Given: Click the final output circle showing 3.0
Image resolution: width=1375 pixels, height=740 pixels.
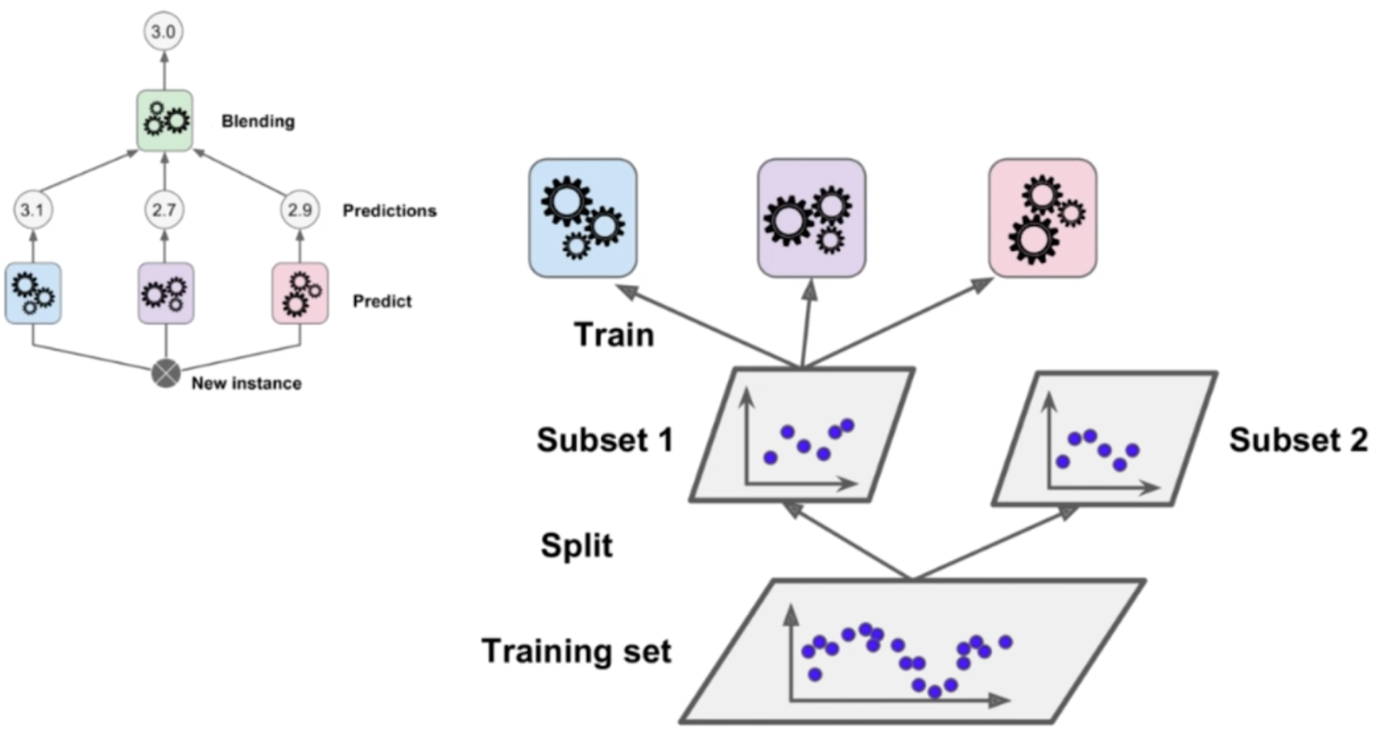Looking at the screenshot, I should tap(163, 32).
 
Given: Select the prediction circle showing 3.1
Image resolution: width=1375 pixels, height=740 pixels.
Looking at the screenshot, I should tap(32, 210).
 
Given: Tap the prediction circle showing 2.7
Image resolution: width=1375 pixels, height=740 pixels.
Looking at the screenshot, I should tap(164, 210).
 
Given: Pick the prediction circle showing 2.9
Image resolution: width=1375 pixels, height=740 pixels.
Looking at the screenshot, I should tap(300, 210).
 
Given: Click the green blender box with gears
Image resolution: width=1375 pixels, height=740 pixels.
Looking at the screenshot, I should tap(164, 121).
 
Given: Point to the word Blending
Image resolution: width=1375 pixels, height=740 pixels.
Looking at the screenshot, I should tap(258, 122).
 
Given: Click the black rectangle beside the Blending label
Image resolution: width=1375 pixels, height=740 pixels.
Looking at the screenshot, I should tap(204, 122).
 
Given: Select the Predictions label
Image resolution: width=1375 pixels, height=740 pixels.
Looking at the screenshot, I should tap(389, 211).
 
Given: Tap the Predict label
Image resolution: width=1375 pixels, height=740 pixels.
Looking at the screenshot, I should tap(382, 301).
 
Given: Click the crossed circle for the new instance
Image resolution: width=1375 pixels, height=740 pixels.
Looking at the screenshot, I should tap(166, 374).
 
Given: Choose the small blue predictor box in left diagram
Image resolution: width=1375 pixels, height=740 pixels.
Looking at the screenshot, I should tap(33, 293).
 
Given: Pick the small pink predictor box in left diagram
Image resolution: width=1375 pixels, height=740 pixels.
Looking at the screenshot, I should tap(300, 293).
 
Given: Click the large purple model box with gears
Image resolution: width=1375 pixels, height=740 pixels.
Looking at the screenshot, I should tap(811, 218).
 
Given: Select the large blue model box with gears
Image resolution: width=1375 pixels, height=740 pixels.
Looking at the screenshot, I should tap(583, 218).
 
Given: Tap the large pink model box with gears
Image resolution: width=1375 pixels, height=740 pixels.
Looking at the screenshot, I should tap(1042, 218).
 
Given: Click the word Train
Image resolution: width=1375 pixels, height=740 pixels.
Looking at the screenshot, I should tap(614, 335).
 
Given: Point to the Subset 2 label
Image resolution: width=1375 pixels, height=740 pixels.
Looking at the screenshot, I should tap(1298, 440).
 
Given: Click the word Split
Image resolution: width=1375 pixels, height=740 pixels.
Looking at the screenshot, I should tap(576, 545).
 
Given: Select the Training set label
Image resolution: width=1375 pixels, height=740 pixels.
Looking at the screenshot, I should tap(576, 651).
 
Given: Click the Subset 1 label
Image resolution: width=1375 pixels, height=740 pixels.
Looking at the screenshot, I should tap(604, 440).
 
